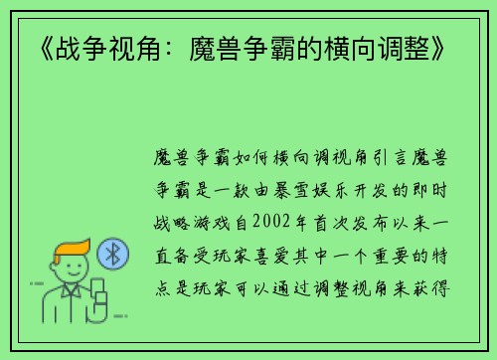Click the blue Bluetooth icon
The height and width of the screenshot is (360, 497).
112,256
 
